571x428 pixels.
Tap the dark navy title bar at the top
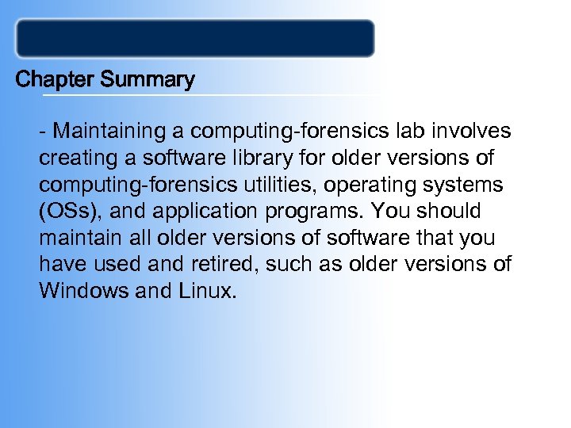point(195,39)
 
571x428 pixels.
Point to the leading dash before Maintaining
point(43,130)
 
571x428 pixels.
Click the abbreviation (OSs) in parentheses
point(67,211)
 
